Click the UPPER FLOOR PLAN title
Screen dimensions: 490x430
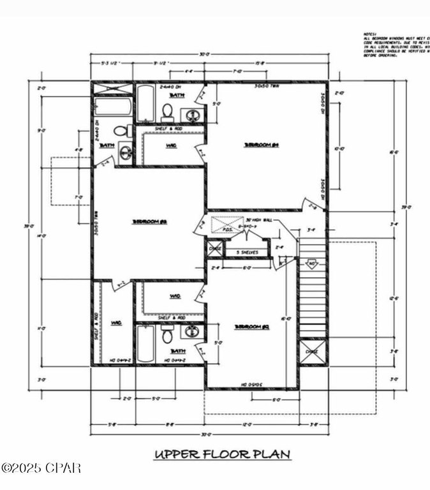pyautogui.click(x=222, y=454)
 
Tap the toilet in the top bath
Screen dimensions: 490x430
pyautogui.click(x=168, y=112)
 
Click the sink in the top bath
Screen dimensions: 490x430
pyautogui.click(x=192, y=115)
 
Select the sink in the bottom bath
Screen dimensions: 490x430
pyautogui.click(x=191, y=332)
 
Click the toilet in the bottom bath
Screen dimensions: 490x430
pyautogui.click(x=168, y=336)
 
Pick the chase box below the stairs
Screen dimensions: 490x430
pyautogui.click(x=312, y=352)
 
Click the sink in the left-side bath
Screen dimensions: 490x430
pyautogui.click(x=126, y=152)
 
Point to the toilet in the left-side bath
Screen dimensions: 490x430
pyautogui.click(x=127, y=131)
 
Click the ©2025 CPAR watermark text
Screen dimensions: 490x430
pyautogui.click(x=41, y=469)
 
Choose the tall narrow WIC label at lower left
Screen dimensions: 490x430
pyautogui.click(x=117, y=323)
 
